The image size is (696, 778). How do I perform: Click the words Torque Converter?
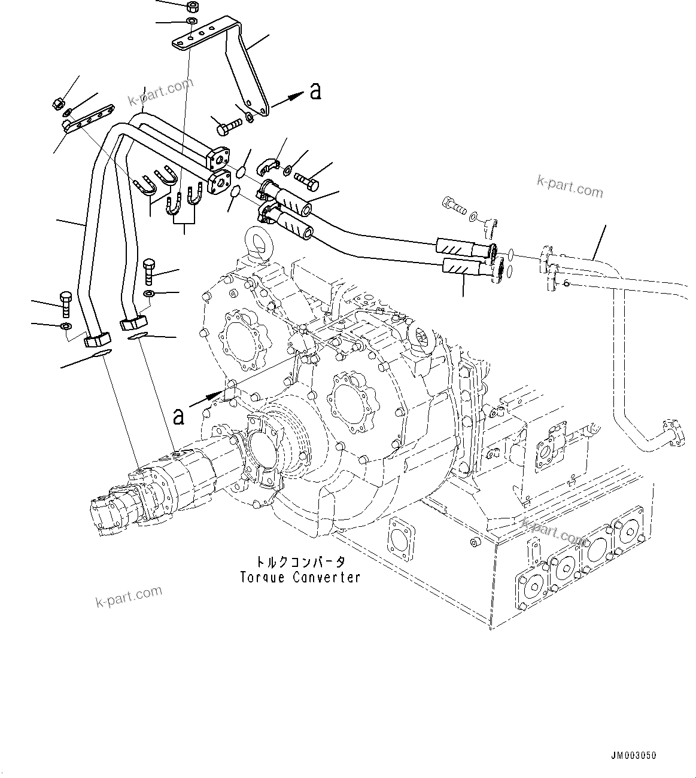pos(300,578)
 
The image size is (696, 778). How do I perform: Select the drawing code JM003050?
pos(633,756)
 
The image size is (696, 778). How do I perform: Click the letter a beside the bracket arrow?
pos(315,91)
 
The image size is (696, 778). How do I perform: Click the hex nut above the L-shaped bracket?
pos(193,8)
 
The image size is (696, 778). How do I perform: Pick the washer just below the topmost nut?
pos(191,22)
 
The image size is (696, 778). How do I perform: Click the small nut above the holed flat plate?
pos(59,103)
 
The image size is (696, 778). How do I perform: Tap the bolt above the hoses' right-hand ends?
pos(454,206)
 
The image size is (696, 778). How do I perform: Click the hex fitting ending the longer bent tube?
pos(97,340)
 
